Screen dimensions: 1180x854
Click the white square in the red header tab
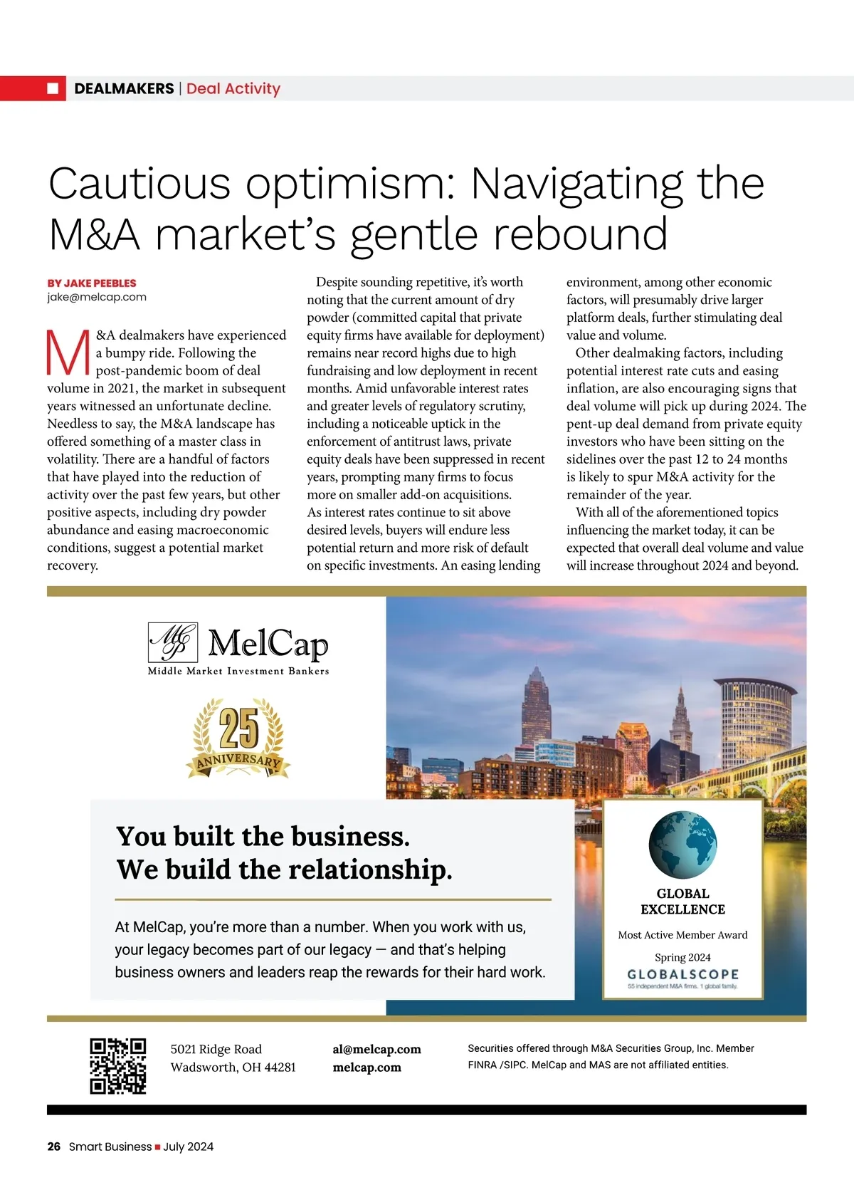click(53, 88)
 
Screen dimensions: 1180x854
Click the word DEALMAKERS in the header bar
click(124, 88)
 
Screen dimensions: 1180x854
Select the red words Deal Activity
click(233, 88)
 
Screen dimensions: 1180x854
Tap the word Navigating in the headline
click(576, 183)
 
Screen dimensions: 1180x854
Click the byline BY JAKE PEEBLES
click(92, 283)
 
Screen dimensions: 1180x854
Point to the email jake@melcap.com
click(97, 297)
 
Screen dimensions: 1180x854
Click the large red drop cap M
click(68, 353)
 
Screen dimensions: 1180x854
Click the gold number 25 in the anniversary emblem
click(238, 729)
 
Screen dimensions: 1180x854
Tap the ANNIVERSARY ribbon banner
click(238, 761)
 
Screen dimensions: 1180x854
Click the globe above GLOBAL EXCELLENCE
click(682, 845)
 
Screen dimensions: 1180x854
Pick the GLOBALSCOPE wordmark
click(682, 973)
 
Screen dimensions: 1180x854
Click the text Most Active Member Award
click(682, 934)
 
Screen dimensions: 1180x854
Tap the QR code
click(118, 1065)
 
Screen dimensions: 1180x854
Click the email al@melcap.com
click(376, 1049)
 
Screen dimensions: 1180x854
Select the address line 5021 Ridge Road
click(216, 1049)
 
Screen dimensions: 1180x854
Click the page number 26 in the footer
click(53, 1147)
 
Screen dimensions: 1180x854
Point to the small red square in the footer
click(157, 1147)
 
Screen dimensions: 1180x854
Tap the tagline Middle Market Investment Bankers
click(238, 671)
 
